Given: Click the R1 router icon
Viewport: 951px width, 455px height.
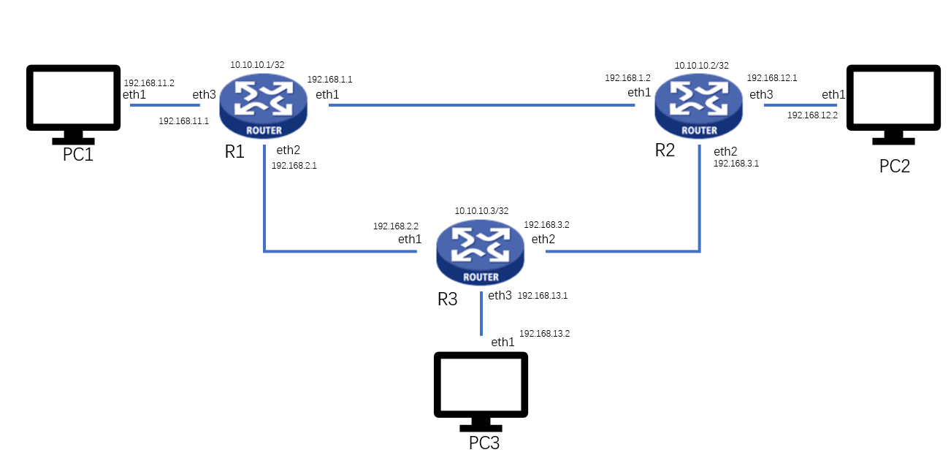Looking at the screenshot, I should pos(264,107).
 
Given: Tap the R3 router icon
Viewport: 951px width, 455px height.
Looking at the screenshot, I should pos(481,252).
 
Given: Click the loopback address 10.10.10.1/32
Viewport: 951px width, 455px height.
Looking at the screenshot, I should pos(257,65).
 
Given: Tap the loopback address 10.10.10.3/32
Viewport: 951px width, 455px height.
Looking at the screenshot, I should pos(481,211).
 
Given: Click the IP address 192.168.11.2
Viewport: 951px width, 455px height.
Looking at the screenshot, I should pos(149,83).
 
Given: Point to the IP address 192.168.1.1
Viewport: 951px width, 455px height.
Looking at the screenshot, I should pos(329,80).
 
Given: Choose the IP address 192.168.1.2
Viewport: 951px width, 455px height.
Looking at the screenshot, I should pos(627,78).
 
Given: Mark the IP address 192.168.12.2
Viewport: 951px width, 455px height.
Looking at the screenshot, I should pos(812,115).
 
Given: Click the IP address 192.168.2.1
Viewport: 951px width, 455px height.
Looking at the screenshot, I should pos(294,166).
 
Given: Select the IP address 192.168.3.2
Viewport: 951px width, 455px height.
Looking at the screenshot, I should pos(546,225).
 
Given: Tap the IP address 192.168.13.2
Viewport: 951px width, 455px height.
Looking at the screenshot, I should pos(544,334).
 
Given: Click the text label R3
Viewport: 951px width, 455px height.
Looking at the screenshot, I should pos(447,299).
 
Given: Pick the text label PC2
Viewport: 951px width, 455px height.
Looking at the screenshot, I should pos(894,166).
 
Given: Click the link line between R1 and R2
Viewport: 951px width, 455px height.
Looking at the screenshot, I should pos(482,105).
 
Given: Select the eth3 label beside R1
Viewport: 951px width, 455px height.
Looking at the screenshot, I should pos(204,95).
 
